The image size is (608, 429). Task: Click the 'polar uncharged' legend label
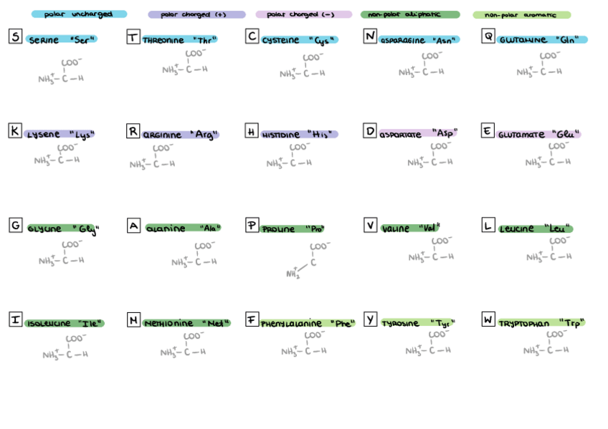point(78,14)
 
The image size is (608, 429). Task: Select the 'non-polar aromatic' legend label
point(521,15)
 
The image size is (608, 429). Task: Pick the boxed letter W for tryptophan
point(488,319)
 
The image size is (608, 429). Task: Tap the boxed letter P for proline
point(252,226)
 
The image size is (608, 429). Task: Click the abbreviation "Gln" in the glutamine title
point(566,40)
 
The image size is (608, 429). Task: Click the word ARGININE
point(163,135)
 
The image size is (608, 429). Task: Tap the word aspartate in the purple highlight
point(402,134)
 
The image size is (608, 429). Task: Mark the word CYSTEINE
point(281,41)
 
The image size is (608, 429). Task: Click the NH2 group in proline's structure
point(293,274)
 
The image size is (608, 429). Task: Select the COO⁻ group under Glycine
point(72,245)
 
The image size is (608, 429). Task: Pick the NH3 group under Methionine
point(172,352)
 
